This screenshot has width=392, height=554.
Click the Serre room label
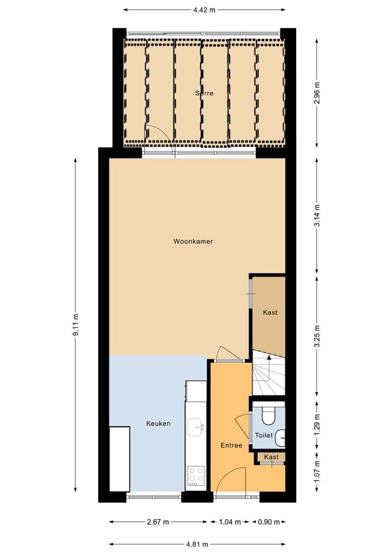point(204,93)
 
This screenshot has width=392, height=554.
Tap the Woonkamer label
point(193,241)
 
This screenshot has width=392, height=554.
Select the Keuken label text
point(158,423)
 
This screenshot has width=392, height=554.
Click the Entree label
point(231,446)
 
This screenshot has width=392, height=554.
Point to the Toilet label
point(264,436)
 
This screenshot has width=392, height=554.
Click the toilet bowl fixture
point(268,416)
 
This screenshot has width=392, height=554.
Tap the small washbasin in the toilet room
point(280,437)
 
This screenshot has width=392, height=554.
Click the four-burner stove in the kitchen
point(195,476)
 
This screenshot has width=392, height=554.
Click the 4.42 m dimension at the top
point(204,9)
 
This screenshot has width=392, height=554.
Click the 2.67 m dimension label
point(158,522)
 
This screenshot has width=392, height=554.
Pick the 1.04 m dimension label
point(230,522)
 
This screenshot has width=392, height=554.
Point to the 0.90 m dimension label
point(269,522)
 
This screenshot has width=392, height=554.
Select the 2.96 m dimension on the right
point(318,93)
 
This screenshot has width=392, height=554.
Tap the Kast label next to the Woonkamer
point(270,313)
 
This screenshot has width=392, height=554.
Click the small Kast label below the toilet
point(271,457)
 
